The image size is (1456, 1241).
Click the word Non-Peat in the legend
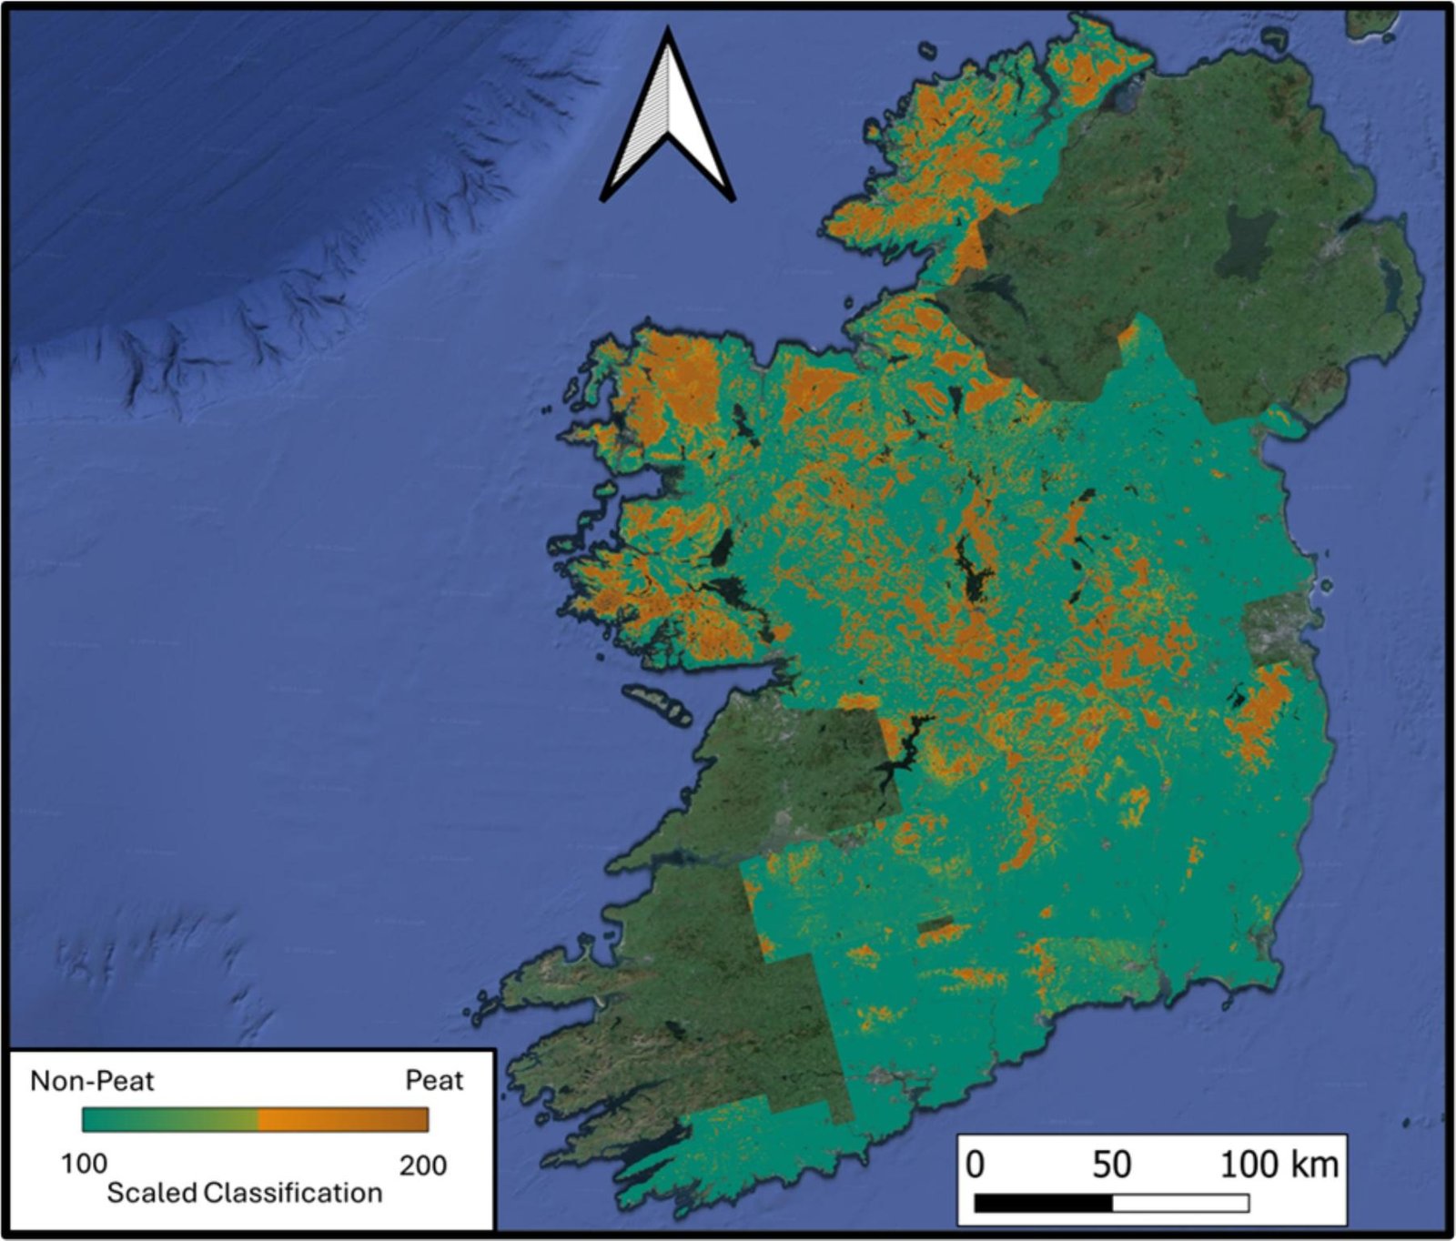pyautogui.click(x=92, y=1081)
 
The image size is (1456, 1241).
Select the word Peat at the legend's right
pyautogui.click(x=434, y=1081)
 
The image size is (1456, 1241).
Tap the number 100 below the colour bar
pyautogui.click(x=84, y=1164)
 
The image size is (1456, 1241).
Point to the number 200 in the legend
pyautogui.click(x=422, y=1165)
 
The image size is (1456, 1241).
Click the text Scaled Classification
pyautogui.click(x=244, y=1193)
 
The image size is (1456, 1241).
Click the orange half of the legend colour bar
pyautogui.click(x=344, y=1119)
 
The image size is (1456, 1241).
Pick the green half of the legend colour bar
pyautogui.click(x=168, y=1119)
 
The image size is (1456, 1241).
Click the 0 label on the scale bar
pyautogui.click(x=975, y=1165)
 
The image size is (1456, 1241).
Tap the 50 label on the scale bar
pyautogui.click(x=1111, y=1165)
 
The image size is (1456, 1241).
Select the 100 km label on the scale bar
pyautogui.click(x=1278, y=1165)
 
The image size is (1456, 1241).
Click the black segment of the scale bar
pyautogui.click(x=1043, y=1204)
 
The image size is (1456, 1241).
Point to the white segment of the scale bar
pyautogui.click(x=1180, y=1204)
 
